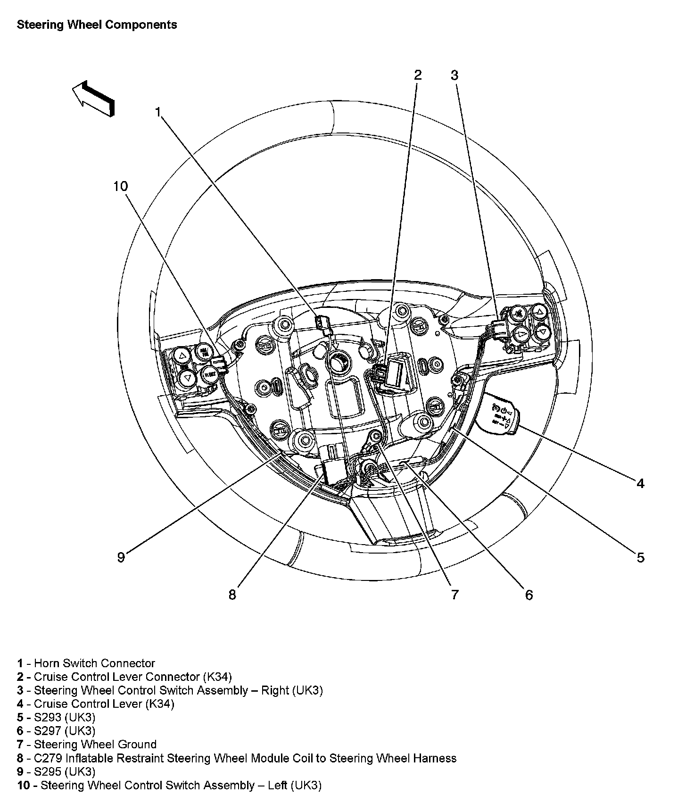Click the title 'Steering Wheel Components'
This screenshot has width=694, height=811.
click(x=97, y=25)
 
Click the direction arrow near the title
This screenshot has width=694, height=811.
click(x=94, y=98)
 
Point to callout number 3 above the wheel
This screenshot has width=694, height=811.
click(x=454, y=75)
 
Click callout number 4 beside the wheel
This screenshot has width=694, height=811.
click(x=640, y=483)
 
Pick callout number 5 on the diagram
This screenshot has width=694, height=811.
click(x=640, y=557)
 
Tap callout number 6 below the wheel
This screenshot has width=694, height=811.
click(x=529, y=595)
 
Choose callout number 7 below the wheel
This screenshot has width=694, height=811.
click(x=454, y=595)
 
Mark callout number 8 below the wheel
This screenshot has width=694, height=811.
click(x=232, y=595)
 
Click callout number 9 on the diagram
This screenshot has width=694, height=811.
click(x=121, y=557)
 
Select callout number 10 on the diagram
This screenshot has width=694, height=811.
click(x=121, y=186)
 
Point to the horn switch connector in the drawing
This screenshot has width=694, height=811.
click(x=322, y=323)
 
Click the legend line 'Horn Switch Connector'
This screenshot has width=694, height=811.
click(x=86, y=663)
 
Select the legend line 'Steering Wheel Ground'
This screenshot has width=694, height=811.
click(x=87, y=745)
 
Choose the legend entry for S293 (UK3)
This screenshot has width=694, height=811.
click(x=57, y=717)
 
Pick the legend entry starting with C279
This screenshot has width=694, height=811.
click(x=237, y=758)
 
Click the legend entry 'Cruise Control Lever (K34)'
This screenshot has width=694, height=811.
click(x=96, y=704)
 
